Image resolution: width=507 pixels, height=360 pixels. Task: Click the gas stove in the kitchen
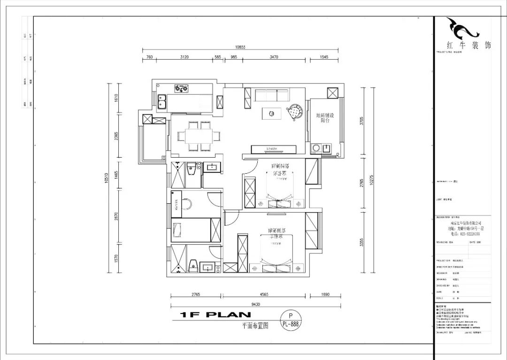tap(181, 87)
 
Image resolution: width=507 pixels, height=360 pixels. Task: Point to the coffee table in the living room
tap(272, 113)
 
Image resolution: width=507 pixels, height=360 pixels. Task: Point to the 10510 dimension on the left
tap(107, 177)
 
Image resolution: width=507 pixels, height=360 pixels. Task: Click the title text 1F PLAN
tap(215, 315)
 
